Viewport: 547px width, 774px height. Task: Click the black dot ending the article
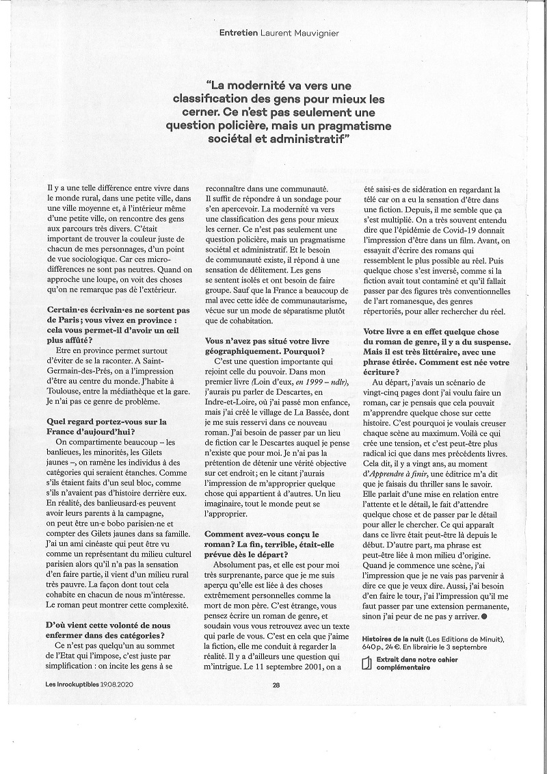[x=484, y=618]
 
